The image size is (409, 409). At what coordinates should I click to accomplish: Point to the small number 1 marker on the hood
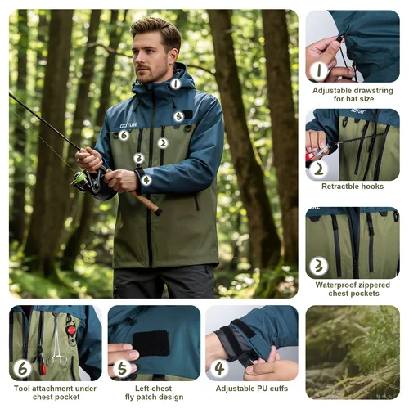tap(175, 83)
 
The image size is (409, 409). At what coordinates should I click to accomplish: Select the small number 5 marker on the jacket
tap(178, 116)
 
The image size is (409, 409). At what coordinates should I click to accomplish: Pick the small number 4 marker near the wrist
tap(146, 180)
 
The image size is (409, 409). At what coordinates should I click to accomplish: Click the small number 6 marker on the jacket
tap(124, 135)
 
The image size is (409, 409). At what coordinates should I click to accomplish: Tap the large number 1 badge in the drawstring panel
tap(320, 71)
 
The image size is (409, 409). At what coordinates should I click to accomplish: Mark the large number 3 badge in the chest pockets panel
tap(319, 266)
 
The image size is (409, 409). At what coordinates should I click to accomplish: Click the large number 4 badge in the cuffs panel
tap(219, 368)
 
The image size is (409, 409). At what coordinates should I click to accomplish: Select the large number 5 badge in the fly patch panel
tap(122, 368)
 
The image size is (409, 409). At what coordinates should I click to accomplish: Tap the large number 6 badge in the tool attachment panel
tap(23, 368)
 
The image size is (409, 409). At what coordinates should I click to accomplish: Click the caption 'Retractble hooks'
tap(353, 187)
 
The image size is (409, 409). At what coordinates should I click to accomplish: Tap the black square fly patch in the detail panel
tap(151, 344)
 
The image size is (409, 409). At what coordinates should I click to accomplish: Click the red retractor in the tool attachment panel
tap(71, 329)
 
